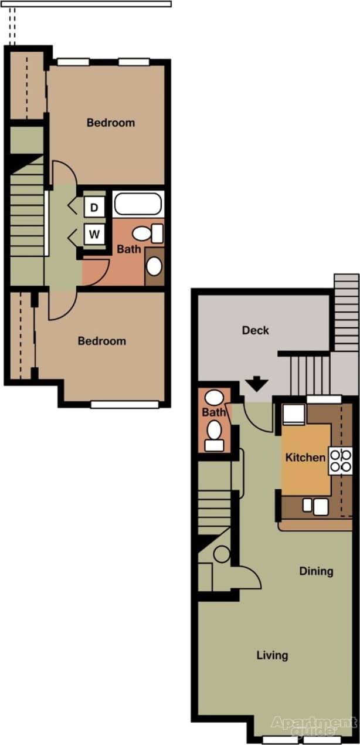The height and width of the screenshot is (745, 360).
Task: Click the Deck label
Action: [256, 330]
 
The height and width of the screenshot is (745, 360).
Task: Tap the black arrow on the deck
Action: [256, 384]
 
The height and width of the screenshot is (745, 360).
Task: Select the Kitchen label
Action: [305, 457]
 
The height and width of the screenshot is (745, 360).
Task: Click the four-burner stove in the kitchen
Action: [341, 460]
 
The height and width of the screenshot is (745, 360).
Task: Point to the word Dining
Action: [316, 571]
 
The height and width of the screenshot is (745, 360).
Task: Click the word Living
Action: [273, 655]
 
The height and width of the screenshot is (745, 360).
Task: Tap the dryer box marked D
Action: [94, 207]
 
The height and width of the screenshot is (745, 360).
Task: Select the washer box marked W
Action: [94, 236]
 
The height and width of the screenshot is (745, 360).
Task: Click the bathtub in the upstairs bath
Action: [138, 204]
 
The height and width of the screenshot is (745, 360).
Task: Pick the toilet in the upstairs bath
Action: [148, 233]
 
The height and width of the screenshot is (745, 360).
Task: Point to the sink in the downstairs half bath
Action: [213, 398]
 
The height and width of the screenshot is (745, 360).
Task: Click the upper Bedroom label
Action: [111, 123]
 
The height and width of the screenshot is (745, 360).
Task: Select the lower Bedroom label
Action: [102, 341]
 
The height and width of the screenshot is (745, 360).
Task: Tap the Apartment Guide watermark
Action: [314, 727]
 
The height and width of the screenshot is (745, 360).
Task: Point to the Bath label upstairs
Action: [129, 249]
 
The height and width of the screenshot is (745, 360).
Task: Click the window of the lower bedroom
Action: [125, 404]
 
